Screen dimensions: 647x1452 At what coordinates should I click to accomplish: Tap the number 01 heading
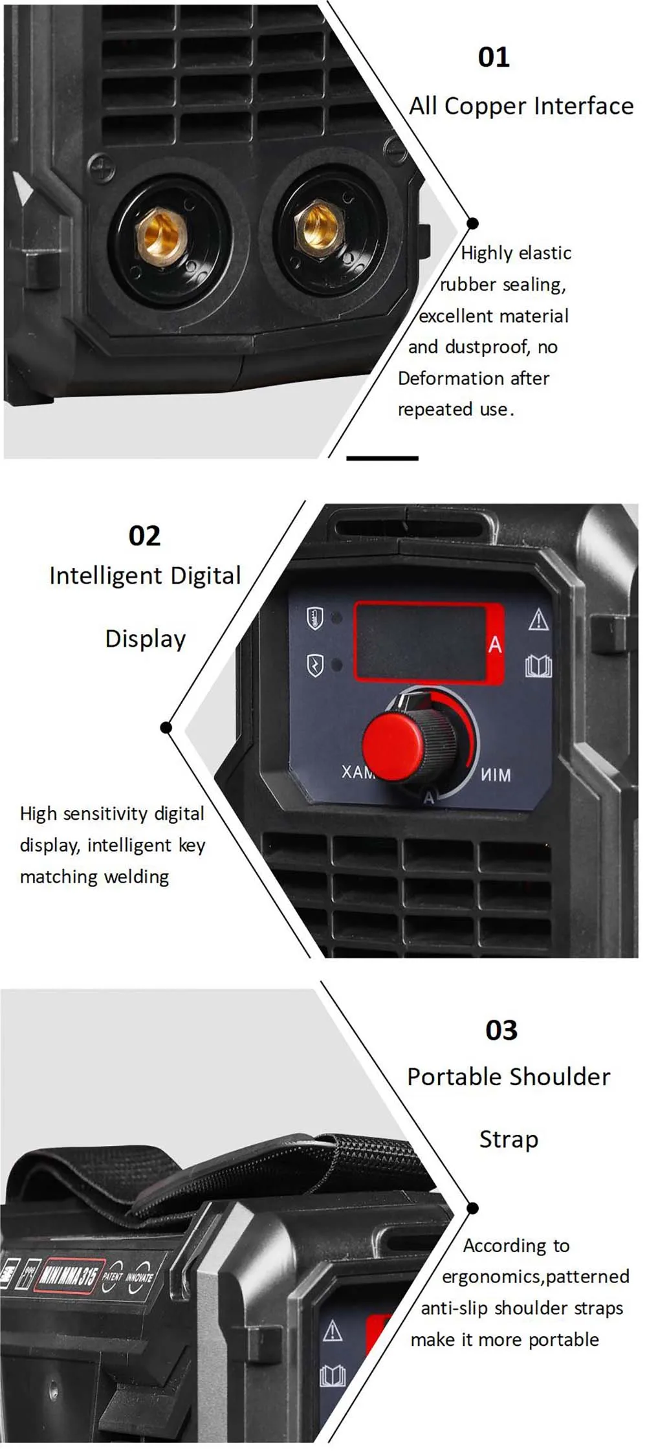pyautogui.click(x=494, y=57)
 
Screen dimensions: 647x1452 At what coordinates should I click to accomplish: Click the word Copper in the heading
pyautogui.click(x=485, y=107)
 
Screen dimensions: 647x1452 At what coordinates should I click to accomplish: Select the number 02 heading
pyautogui.click(x=144, y=536)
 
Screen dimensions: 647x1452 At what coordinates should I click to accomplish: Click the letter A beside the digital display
pyautogui.click(x=495, y=644)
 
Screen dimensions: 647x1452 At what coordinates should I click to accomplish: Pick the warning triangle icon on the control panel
pyautogui.click(x=538, y=620)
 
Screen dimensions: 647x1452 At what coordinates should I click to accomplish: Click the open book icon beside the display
pyautogui.click(x=538, y=665)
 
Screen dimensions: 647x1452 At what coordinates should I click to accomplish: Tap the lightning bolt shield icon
pyautogui.click(x=314, y=665)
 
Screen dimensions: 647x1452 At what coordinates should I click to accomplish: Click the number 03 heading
pyautogui.click(x=501, y=1030)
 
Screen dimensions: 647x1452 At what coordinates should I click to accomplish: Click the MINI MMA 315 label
pyautogui.click(x=69, y=1274)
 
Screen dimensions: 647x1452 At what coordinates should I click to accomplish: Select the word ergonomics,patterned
pyautogui.click(x=535, y=1277)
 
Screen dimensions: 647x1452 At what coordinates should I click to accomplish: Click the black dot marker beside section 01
pyautogui.click(x=472, y=223)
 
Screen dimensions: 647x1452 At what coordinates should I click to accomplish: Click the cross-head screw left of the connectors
pyautogui.click(x=102, y=169)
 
